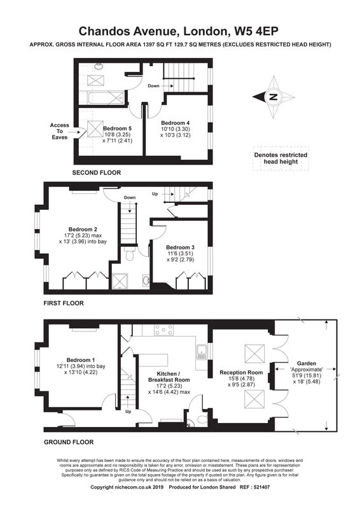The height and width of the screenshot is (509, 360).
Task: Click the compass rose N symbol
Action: (x=273, y=97)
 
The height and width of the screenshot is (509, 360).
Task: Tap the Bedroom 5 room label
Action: (x=117, y=129)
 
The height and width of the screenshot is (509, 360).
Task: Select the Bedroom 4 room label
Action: (x=176, y=123)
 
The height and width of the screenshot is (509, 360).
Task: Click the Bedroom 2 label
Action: (x=83, y=229)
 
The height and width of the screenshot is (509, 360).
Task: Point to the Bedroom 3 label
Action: (x=180, y=248)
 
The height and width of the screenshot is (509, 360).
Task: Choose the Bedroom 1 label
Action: (x=81, y=360)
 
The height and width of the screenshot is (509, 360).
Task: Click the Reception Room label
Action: (x=241, y=372)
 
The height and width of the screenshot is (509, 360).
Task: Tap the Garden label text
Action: (x=307, y=363)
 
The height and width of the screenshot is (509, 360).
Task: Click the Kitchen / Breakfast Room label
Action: (x=169, y=377)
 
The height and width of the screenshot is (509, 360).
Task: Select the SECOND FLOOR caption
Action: (x=97, y=172)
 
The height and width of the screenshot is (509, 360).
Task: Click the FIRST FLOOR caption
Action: (x=64, y=303)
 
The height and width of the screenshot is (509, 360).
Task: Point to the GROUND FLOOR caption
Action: (x=69, y=442)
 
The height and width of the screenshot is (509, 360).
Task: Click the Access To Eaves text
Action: (x=59, y=131)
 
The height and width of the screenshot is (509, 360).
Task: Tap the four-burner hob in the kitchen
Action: (x=164, y=330)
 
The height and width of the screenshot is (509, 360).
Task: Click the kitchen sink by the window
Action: (x=202, y=352)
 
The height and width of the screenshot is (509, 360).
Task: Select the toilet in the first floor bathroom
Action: (x=129, y=254)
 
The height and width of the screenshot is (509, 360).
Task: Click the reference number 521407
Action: (x=261, y=487)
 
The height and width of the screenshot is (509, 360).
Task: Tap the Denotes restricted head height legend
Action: (x=280, y=158)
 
